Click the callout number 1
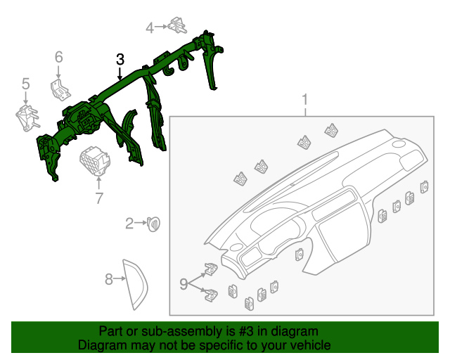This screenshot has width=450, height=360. tap(305, 98)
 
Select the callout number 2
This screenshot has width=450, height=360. tap(129, 224)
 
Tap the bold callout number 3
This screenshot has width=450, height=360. tap(120, 59)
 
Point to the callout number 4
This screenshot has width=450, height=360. tap(149, 27)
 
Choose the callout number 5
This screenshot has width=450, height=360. tap(25, 84)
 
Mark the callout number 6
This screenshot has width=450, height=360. tap(59, 56)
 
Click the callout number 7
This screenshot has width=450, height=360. tap(99, 198)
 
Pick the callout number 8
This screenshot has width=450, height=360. tap(109, 280)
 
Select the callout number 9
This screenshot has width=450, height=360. tap(184, 284)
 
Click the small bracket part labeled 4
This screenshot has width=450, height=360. tap(176, 27)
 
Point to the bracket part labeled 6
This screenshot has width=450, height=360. tap(59, 89)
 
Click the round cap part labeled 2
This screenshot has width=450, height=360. tap(153, 224)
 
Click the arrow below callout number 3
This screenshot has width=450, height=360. tap(120, 72)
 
